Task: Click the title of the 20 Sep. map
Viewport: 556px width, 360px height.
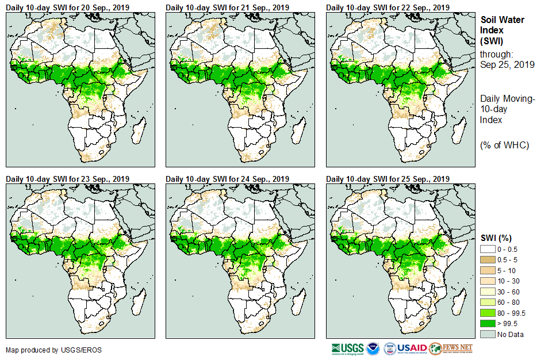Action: (x=67, y=7)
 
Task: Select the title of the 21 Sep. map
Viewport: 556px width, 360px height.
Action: (x=227, y=7)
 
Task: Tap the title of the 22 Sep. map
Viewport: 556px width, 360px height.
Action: (x=388, y=7)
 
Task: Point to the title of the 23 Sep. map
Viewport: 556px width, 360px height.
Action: (x=67, y=179)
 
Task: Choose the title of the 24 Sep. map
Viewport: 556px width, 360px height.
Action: (x=227, y=179)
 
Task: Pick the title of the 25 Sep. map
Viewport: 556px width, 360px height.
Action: (x=388, y=179)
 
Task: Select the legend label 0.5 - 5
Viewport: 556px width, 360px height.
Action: (x=508, y=259)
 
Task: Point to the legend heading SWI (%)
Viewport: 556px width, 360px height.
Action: (x=496, y=238)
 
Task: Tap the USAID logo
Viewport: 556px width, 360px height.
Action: (x=413, y=348)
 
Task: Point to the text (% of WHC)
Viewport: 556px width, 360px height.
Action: (x=504, y=145)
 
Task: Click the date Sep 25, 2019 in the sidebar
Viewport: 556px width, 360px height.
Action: (x=507, y=64)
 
